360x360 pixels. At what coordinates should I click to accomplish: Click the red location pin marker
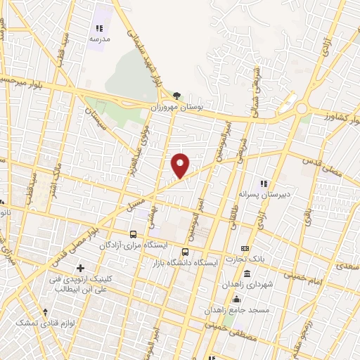coord(181,165)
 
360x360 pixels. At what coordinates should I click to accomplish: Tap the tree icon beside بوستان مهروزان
coord(177,96)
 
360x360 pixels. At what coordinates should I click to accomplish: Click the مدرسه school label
coord(99,39)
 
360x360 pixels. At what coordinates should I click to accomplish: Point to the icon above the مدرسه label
coord(99,28)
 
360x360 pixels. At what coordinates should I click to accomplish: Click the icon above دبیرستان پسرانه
coord(266,183)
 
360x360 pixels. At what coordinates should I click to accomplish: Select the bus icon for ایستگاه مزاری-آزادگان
coord(133,234)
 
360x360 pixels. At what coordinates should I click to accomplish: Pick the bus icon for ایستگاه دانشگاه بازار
coord(185,252)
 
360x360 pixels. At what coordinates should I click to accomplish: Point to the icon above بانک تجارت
coord(245,248)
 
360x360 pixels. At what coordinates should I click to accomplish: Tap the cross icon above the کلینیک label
coord(80,267)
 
